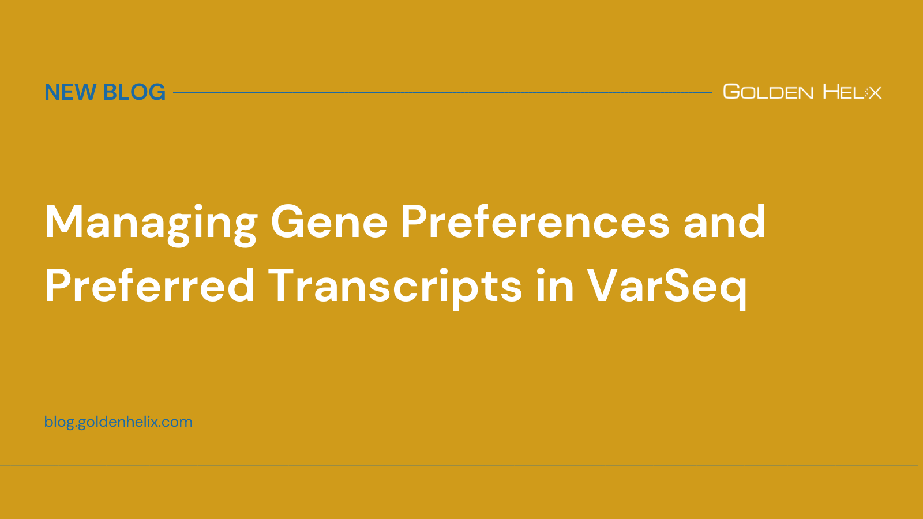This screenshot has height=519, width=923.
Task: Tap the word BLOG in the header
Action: click(x=134, y=92)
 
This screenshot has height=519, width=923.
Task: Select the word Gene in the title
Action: click(x=329, y=223)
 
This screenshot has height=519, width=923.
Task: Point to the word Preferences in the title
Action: click(x=535, y=223)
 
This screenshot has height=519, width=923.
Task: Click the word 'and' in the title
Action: click(x=725, y=223)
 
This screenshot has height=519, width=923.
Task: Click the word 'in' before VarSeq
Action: click(x=554, y=286)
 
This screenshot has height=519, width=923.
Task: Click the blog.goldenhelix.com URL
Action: click(x=118, y=422)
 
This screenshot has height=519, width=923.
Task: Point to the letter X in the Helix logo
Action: click(x=875, y=93)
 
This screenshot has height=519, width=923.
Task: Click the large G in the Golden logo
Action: click(x=731, y=91)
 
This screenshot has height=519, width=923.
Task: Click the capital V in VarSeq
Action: click(x=605, y=286)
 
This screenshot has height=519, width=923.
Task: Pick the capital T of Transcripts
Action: click(x=287, y=286)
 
